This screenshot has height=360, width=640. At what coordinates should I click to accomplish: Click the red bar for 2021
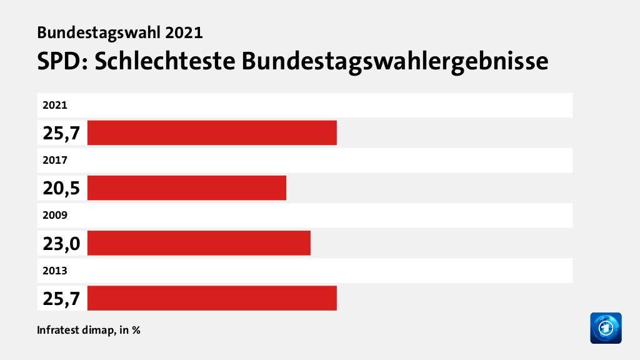point(212,132)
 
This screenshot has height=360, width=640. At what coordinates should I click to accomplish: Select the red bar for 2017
point(186,187)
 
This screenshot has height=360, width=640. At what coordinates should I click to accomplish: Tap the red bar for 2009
point(199,242)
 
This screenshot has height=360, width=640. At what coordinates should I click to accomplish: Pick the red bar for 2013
point(212,297)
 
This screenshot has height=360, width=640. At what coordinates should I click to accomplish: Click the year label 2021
point(54,105)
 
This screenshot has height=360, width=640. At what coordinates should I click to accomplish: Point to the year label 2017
point(54,160)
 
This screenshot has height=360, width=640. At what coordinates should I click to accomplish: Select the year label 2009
point(54,215)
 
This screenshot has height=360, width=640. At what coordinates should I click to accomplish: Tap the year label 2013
point(54,270)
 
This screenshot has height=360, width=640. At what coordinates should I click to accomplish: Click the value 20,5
point(61,188)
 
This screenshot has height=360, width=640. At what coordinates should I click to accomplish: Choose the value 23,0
point(61,243)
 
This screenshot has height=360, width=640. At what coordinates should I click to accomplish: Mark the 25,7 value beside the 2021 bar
point(61,133)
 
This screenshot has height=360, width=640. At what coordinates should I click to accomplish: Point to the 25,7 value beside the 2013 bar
point(61,298)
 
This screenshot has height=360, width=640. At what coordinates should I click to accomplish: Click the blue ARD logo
point(606,327)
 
